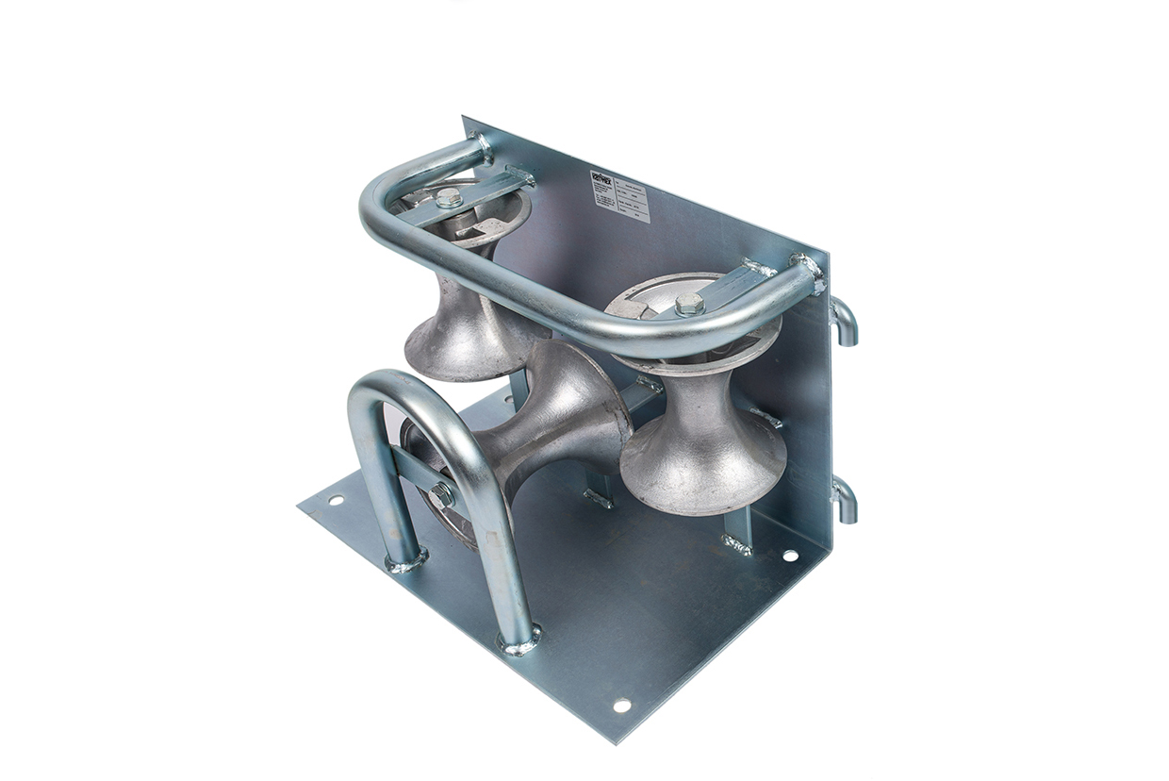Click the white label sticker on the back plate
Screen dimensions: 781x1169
point(619,196)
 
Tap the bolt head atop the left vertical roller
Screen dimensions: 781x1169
point(449,198)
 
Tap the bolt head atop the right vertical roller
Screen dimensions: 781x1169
point(689,304)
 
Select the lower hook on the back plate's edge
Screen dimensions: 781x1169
point(845,499)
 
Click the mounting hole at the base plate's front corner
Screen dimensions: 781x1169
point(621,705)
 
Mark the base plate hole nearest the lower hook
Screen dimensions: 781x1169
point(789,556)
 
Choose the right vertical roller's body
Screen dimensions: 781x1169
point(702,443)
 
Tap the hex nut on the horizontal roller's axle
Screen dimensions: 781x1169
point(440,493)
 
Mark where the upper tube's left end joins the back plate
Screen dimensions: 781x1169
point(481,147)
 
